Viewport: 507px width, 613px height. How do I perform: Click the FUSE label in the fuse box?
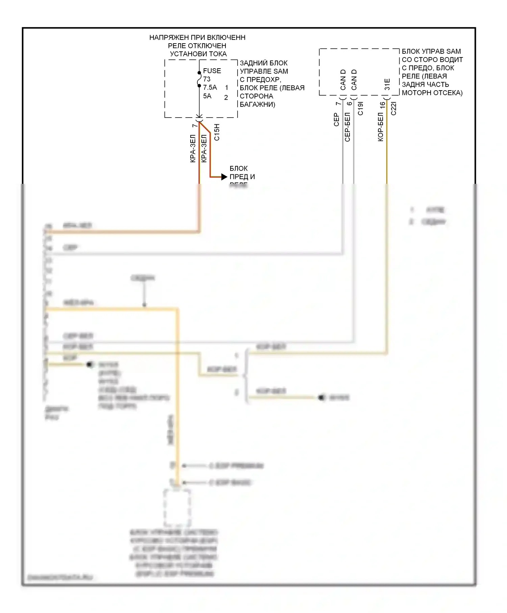tap(212, 71)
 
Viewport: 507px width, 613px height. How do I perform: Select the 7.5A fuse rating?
tap(210, 88)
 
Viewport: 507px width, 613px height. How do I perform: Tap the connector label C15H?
tap(217, 132)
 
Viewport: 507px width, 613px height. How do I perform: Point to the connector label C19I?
tap(361, 108)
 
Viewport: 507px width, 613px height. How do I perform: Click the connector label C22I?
tap(394, 108)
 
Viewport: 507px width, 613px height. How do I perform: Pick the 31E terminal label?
tap(387, 84)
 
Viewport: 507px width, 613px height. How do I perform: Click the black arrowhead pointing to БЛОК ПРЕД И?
tap(224, 177)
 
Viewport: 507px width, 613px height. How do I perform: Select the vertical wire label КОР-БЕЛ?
tap(381, 127)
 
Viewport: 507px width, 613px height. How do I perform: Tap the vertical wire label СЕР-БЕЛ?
tap(347, 127)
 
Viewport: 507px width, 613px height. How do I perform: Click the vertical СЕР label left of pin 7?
tap(336, 120)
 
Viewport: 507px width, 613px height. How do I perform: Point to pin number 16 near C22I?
tap(382, 105)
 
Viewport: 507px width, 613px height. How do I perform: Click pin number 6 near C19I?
tap(349, 103)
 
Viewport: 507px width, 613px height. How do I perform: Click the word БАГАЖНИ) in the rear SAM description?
tap(258, 104)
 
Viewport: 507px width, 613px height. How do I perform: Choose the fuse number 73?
tap(207, 79)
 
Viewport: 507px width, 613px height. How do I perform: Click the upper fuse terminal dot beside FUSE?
tap(199, 73)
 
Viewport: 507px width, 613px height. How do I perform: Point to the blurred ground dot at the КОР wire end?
tap(90, 365)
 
